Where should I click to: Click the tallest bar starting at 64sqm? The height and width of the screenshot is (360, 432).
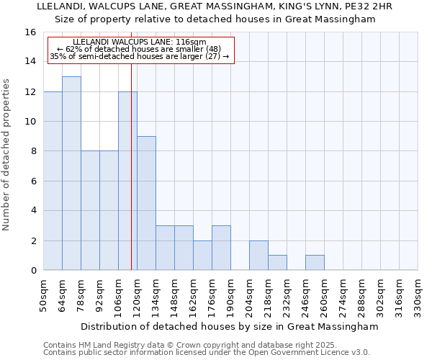(x=71, y=174)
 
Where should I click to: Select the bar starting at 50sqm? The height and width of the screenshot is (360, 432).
(x=53, y=181)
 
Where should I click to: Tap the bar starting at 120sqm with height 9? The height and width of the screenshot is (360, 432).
(x=146, y=203)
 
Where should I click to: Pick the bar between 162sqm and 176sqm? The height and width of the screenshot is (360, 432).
(x=202, y=255)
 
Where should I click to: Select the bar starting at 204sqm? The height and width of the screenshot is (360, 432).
(x=258, y=255)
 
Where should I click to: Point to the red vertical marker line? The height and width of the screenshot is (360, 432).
(x=131, y=166)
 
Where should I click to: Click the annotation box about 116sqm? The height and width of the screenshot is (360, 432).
(x=141, y=50)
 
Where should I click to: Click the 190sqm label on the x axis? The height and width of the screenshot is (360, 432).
(x=230, y=295)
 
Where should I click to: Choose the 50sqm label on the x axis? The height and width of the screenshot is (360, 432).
(x=43, y=295)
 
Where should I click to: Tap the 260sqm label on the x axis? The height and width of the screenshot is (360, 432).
(x=324, y=295)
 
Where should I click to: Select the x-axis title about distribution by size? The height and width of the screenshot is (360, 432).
(x=230, y=326)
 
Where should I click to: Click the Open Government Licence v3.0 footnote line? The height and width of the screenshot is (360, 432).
(x=207, y=353)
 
